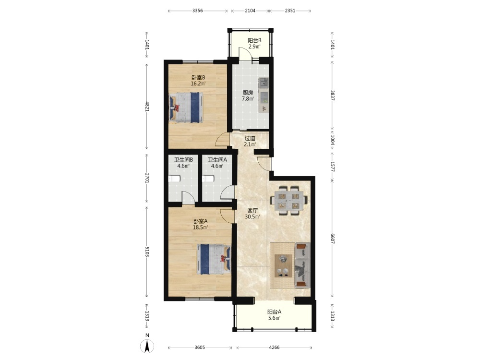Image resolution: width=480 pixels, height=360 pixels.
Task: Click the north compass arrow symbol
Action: click(147, 346)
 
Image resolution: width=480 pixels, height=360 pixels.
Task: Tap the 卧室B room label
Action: click(198, 77)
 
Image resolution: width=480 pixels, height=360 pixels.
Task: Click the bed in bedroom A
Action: click(214, 259)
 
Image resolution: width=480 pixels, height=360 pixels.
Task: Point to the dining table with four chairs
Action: click(288, 200)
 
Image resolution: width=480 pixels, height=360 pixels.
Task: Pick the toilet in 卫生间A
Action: click(208, 179)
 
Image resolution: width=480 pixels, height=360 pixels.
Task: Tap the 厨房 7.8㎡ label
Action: click(248, 96)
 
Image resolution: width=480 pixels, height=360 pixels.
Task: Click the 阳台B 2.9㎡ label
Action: click(254, 44)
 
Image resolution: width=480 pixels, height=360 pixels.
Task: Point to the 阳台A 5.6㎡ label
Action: click(274, 315)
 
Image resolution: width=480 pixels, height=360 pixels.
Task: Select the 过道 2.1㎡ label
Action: click(250, 141)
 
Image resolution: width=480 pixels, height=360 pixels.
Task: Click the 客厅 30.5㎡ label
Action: click(252, 214)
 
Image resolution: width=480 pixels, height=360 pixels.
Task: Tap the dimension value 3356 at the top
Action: click(197, 11)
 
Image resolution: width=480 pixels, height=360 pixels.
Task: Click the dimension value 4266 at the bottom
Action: click(274, 348)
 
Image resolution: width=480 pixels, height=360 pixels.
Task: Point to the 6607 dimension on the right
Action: click(333, 239)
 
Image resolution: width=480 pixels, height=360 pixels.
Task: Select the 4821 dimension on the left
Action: click(147, 106)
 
